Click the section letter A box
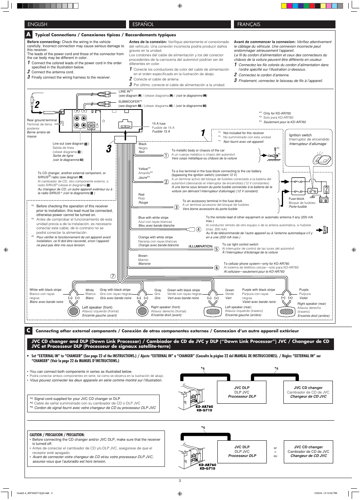(28, 34)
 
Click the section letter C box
(28, 330)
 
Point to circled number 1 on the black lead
(166, 155)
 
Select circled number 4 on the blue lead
(198, 229)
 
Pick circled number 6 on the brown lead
(217, 268)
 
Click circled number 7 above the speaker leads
(113, 276)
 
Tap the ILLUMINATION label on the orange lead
(200, 246)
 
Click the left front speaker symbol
(73, 311)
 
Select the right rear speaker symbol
(286, 311)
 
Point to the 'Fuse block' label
(296, 199)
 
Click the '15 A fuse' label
(158, 123)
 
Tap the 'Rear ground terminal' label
(42, 120)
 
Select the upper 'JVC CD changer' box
(308, 392)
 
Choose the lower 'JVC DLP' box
(242, 451)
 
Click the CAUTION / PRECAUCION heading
(57, 435)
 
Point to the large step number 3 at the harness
(109, 149)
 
